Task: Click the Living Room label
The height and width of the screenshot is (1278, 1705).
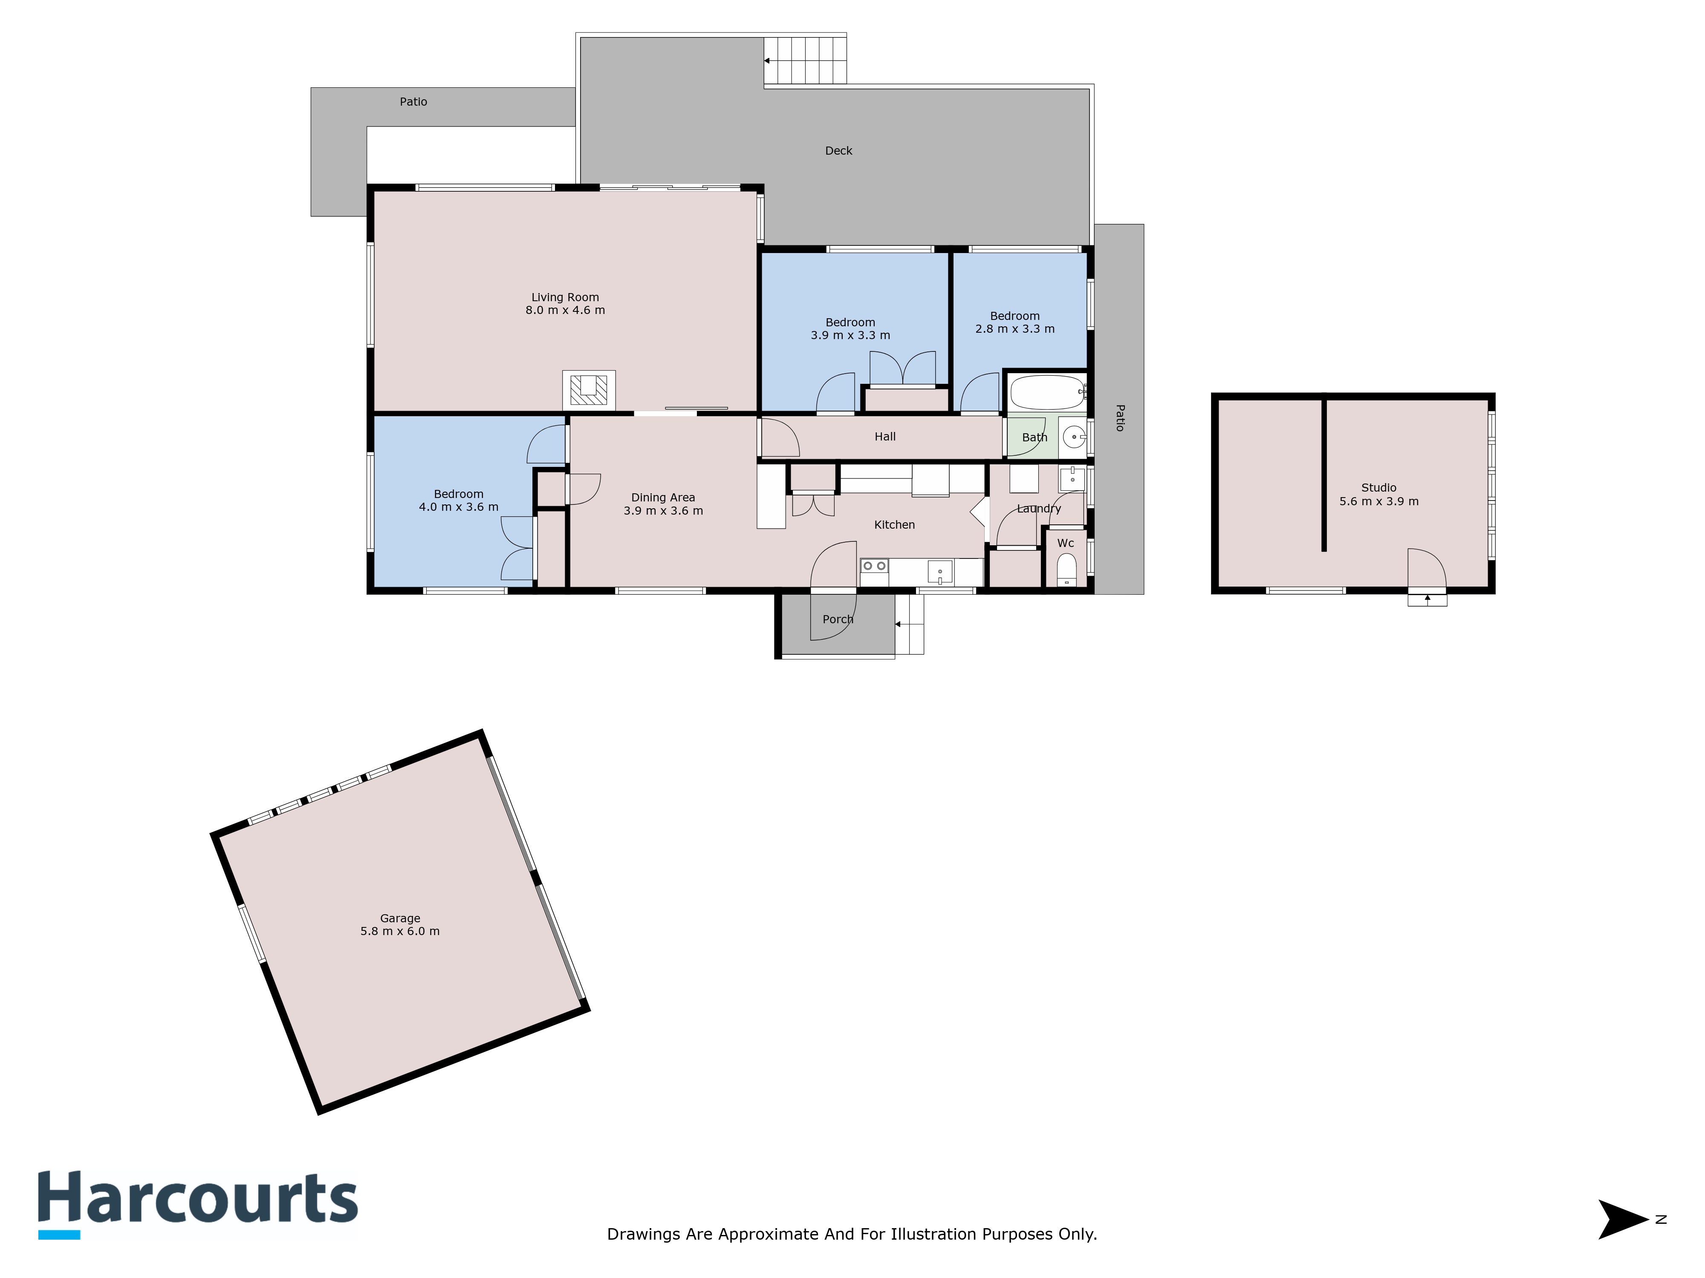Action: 565,297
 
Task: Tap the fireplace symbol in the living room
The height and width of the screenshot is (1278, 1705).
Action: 589,390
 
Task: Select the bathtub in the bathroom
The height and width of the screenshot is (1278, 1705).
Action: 1047,392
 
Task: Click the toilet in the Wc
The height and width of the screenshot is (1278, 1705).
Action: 1066,570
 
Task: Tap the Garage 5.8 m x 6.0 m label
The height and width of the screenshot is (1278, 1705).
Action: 400,924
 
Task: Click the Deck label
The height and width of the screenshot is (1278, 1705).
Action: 838,151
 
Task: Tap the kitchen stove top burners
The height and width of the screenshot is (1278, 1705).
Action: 874,566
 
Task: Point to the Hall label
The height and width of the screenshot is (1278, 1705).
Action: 885,437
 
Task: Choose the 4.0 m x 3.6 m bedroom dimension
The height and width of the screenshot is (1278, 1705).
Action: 459,507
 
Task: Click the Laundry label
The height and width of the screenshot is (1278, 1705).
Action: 1039,508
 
